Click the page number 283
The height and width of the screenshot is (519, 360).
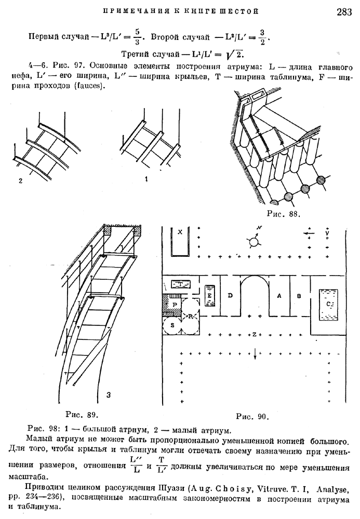[344, 12]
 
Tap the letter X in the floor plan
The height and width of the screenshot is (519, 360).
[180, 232]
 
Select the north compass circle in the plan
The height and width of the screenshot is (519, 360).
[254, 242]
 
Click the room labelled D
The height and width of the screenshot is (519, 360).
[231, 296]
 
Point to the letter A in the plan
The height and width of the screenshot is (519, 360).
[279, 296]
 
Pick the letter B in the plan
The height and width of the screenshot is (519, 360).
[299, 296]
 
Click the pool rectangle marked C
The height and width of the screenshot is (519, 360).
[328, 305]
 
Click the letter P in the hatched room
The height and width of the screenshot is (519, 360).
[175, 304]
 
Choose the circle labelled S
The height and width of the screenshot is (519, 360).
[172, 325]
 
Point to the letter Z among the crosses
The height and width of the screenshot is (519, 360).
[254, 334]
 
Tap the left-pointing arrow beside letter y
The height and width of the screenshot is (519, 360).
[309, 233]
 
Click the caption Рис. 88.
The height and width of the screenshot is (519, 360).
[284, 214]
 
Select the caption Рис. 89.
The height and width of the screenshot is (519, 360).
[81, 414]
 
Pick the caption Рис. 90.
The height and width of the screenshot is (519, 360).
[252, 417]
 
